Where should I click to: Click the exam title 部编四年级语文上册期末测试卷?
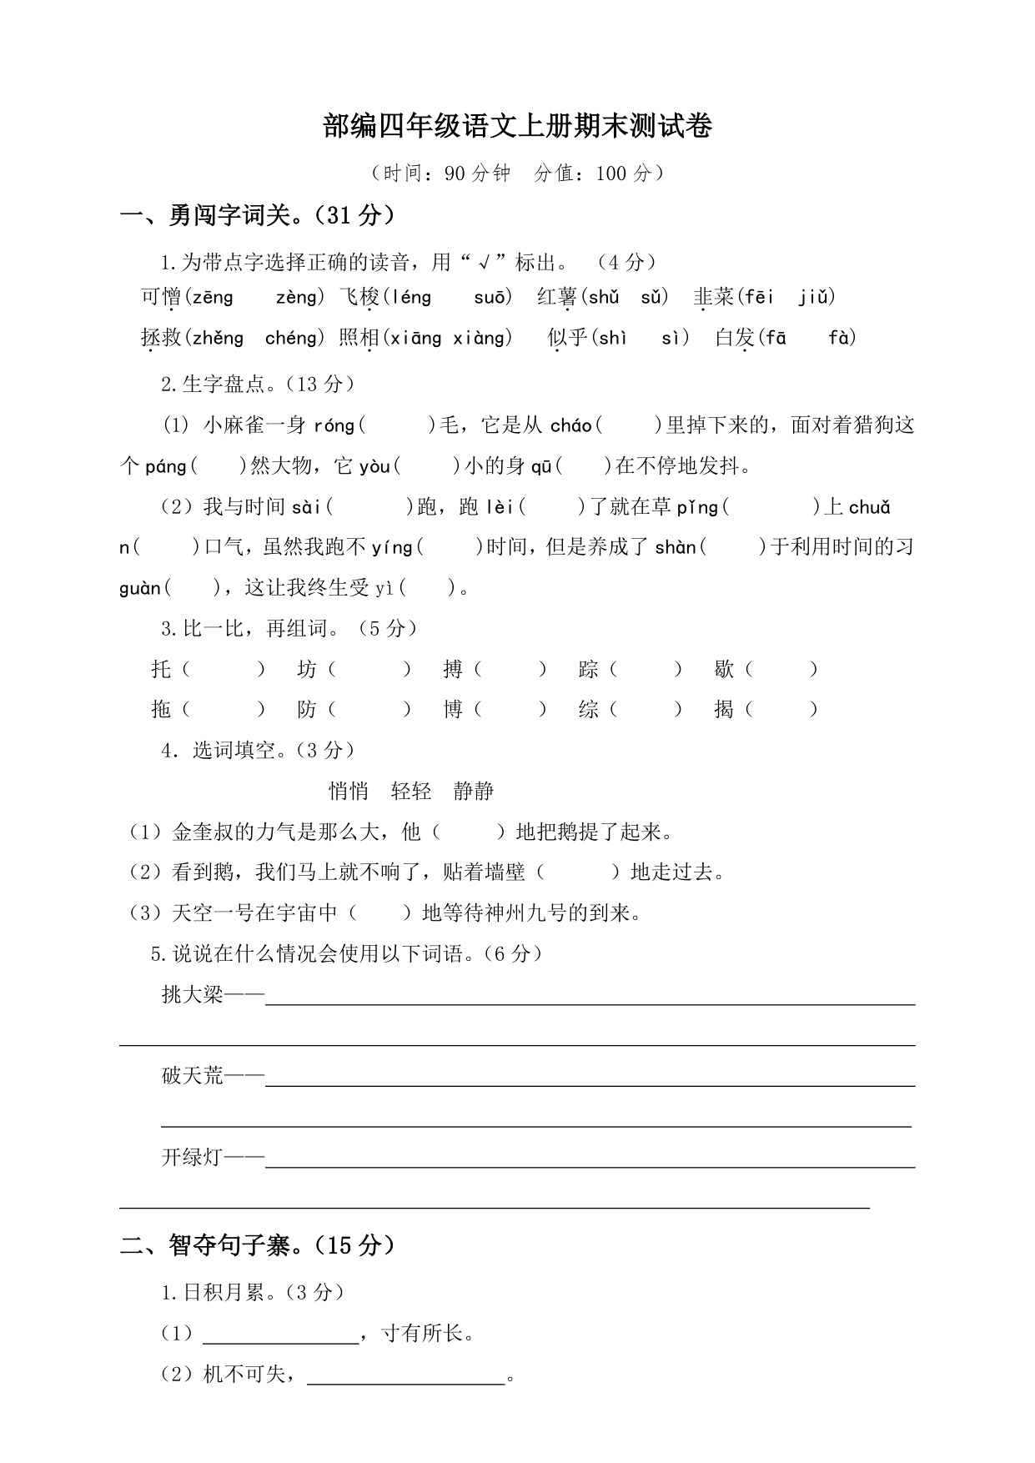(x=517, y=127)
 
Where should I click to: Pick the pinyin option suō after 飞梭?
(x=489, y=297)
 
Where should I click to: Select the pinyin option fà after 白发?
(x=840, y=338)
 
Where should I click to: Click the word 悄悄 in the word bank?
(x=349, y=791)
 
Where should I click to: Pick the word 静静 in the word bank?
(x=474, y=791)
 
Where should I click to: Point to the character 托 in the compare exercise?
(x=161, y=669)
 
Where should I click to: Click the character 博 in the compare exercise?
(x=453, y=710)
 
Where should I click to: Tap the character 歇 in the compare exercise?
(x=723, y=669)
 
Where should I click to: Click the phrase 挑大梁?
(x=193, y=994)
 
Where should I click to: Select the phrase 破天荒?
(x=193, y=1076)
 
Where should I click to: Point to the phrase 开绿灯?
(x=193, y=1158)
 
